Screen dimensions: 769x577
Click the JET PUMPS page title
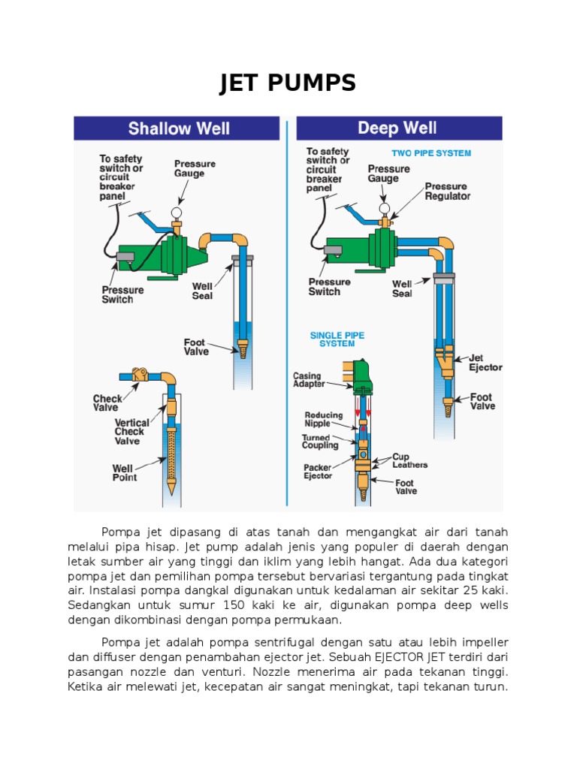click(288, 83)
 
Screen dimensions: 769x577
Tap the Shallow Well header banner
click(179, 128)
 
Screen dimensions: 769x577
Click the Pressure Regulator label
click(448, 191)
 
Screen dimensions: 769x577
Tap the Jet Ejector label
click(485, 363)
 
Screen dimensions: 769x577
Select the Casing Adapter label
click(309, 380)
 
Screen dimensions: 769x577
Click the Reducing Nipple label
click(323, 419)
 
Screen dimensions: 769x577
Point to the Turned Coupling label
click(321, 442)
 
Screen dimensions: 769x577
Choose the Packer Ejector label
click(318, 472)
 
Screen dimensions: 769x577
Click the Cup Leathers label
click(409, 460)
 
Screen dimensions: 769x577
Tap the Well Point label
click(125, 473)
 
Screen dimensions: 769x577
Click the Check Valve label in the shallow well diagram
click(106, 403)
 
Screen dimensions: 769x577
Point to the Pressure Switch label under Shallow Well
click(122, 294)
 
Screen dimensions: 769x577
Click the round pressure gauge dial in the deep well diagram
click(384, 208)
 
